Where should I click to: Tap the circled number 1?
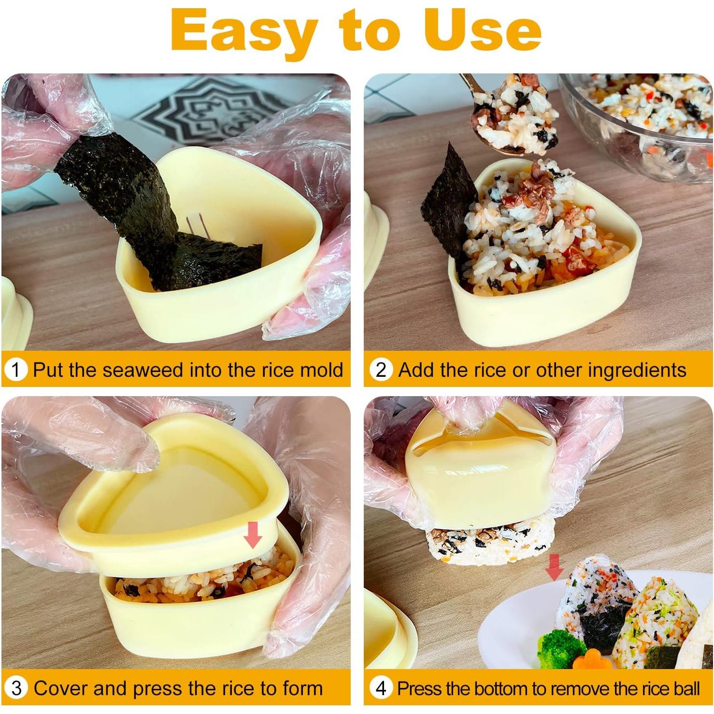coord(16,370)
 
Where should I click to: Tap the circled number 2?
coord(381,370)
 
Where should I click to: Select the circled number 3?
coord(16,688)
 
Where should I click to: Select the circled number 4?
coord(381,688)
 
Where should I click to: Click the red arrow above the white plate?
coord(554,567)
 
